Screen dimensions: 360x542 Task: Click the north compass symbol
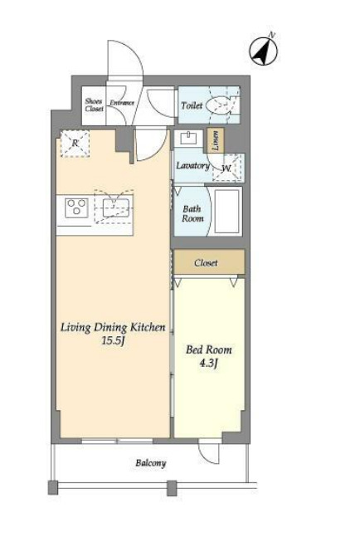point(264,51)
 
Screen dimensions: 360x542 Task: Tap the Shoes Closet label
point(94,105)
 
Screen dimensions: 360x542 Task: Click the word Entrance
point(122,103)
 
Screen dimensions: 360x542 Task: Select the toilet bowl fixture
point(217,105)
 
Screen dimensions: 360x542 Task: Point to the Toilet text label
point(192,105)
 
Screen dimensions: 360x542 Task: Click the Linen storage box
point(215,140)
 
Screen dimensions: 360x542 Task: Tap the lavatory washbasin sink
point(188,139)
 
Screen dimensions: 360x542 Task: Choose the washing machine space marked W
point(228,168)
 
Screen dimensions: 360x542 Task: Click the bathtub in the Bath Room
point(227,211)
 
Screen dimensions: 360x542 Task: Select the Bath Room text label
point(192,213)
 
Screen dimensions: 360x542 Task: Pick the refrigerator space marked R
point(75,144)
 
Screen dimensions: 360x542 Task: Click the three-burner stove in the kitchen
point(76,208)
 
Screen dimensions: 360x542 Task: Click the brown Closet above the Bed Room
point(209,262)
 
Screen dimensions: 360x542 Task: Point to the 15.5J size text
point(113,341)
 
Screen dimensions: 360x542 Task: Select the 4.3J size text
point(209,364)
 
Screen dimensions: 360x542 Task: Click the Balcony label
point(151,463)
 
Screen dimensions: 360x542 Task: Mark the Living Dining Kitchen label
point(113,327)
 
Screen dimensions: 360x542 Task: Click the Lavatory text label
point(192,165)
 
